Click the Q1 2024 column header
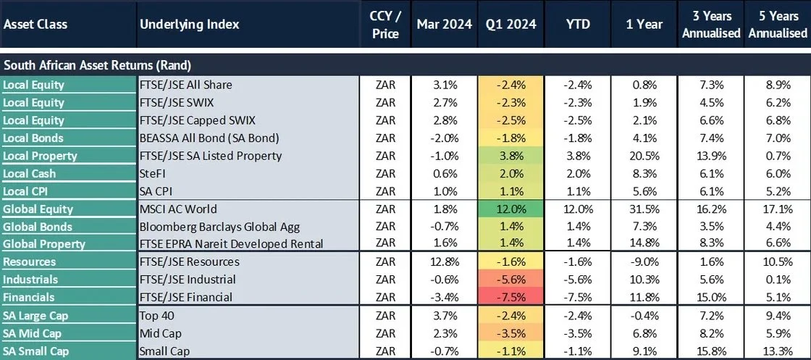coord(510,24)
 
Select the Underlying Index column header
coord(189,24)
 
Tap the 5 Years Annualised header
coord(778,24)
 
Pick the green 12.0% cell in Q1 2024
coord(510,209)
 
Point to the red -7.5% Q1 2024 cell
coord(510,297)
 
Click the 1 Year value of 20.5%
coord(644,156)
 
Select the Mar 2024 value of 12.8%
coord(444,261)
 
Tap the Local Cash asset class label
coord(29,174)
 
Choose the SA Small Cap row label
coord(35,351)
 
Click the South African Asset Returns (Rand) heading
coord(97,65)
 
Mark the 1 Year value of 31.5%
coord(644,209)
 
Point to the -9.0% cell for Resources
coord(644,261)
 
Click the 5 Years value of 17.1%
coord(778,209)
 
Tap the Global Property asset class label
coord(43,244)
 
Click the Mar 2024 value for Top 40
coord(444,315)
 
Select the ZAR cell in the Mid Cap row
coord(386,333)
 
